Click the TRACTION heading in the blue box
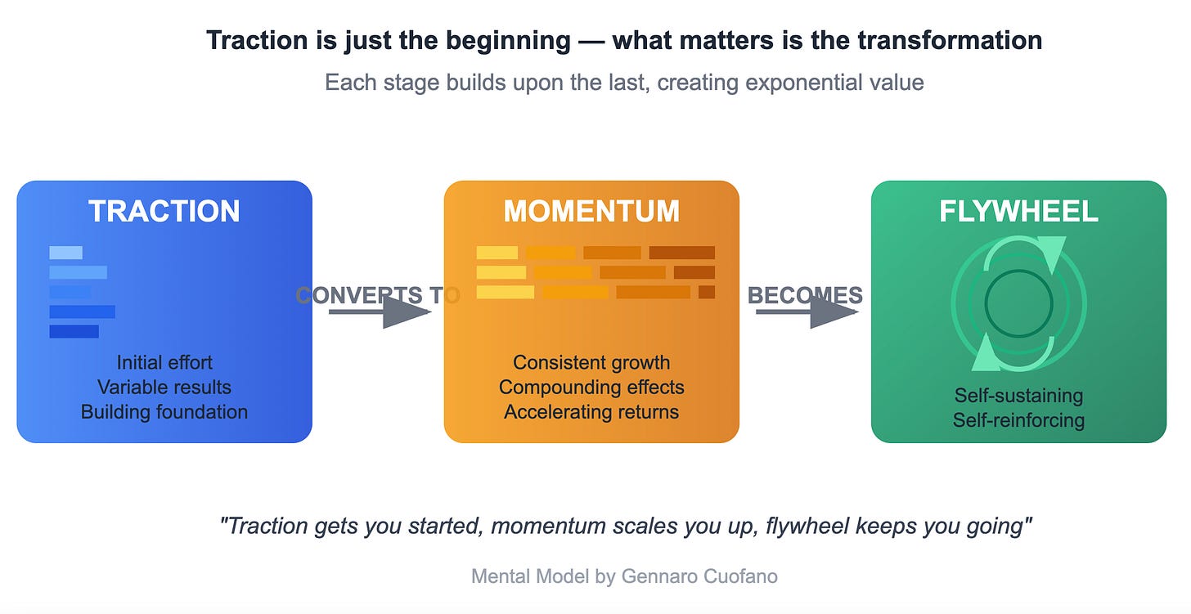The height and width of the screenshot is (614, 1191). pos(164,211)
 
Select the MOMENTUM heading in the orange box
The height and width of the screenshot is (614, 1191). pos(591,211)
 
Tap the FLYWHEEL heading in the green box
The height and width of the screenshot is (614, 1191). pos(1018,211)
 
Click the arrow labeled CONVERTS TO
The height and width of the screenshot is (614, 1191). pos(380,311)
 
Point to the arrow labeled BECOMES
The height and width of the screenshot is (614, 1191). pos(807,311)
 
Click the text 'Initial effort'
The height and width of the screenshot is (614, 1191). pos(164,362)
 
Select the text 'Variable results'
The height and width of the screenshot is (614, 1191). pos(164,387)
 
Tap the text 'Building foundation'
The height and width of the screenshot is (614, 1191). pos(164,411)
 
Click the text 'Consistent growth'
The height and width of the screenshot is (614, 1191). pos(591,362)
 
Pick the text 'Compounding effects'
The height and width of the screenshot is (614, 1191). pos(591,387)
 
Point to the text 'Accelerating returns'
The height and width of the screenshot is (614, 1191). pos(591,411)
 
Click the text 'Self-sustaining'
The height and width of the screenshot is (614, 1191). pos(1018,396)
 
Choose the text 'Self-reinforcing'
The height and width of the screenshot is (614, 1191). pos(1018,420)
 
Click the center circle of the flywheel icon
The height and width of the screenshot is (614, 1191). pos(1018,303)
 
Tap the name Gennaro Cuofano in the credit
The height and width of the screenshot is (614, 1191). pos(699,576)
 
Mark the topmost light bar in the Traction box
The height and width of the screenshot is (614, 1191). pos(65,253)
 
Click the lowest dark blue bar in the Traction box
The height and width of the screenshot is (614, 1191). pos(74,331)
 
